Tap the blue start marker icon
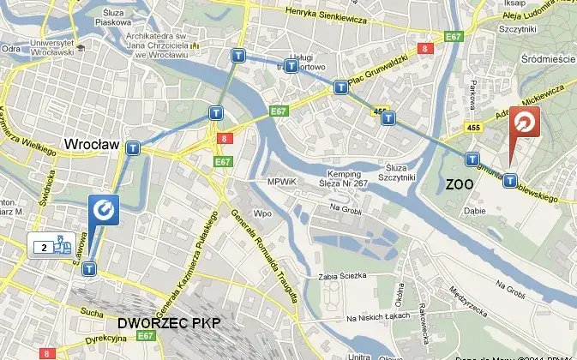[x=102, y=209]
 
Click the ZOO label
[x=461, y=184]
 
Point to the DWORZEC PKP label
[x=168, y=323]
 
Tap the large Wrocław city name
[x=92, y=145]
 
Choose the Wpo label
[x=262, y=213]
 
